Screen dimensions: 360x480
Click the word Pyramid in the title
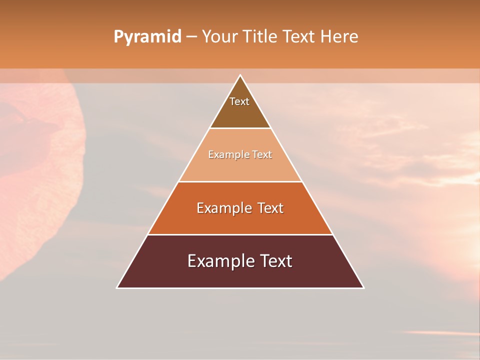[x=147, y=37]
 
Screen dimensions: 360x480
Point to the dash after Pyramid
[x=191, y=37]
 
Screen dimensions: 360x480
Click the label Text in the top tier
[x=239, y=101]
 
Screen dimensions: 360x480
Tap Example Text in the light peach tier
[x=240, y=154]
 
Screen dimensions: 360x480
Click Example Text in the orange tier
[x=240, y=208]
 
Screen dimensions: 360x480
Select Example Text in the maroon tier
[x=240, y=261]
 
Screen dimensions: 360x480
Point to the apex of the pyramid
[x=240, y=76]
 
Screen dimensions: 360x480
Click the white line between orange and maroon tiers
[x=240, y=234]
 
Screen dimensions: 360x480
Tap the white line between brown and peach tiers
[x=240, y=128]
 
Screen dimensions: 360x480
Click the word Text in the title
[x=300, y=36]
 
